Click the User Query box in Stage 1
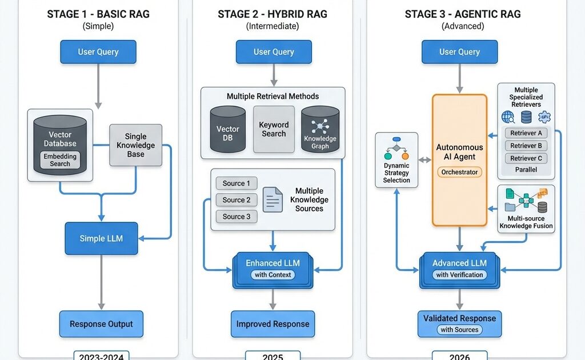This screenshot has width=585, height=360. [x=98, y=52]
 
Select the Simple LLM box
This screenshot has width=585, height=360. [x=101, y=238]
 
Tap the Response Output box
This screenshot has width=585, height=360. [x=101, y=324]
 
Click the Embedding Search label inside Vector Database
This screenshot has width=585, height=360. [x=60, y=159]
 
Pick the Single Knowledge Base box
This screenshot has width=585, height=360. [x=135, y=145]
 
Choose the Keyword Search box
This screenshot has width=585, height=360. [x=274, y=129]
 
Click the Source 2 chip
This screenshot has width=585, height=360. [x=237, y=200]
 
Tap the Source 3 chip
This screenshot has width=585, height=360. [x=237, y=217]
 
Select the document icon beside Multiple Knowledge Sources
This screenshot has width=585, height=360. [x=273, y=199]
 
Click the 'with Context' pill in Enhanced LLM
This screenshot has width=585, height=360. [x=273, y=275]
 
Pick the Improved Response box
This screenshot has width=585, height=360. [x=273, y=324]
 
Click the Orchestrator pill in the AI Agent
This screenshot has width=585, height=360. [x=460, y=172]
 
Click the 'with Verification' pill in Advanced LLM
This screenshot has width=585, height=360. [x=459, y=275]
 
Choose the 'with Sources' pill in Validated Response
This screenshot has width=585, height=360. [x=459, y=330]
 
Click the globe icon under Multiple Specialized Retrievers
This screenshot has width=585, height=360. [x=508, y=117]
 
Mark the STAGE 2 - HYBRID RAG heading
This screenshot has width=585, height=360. [x=274, y=14]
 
